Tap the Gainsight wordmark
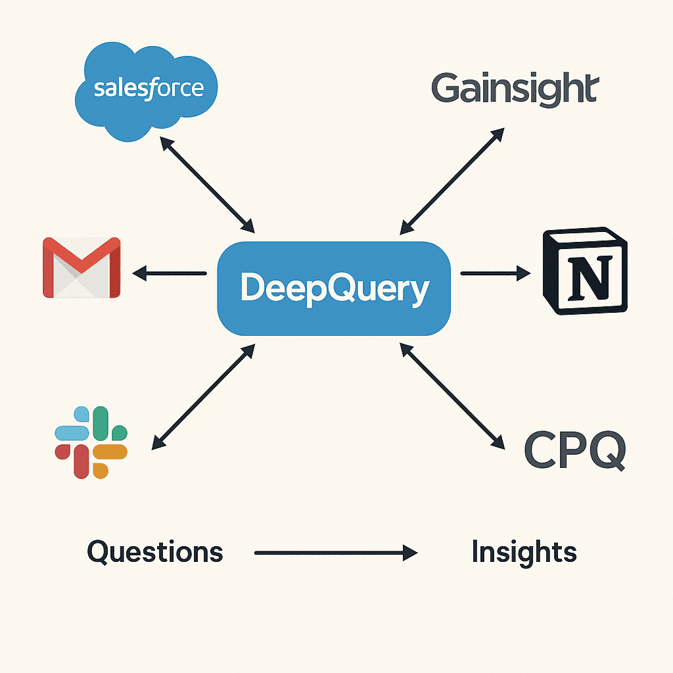[x=515, y=89]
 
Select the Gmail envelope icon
[x=81, y=268]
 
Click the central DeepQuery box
[x=334, y=289]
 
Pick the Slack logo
[x=91, y=441]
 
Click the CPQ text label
[x=574, y=450]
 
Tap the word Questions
[x=155, y=552]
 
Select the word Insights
[x=524, y=552]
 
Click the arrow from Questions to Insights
[x=335, y=553]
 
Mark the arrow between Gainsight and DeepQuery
[x=452, y=181]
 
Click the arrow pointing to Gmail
[x=170, y=273]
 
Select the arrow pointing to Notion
[x=495, y=273]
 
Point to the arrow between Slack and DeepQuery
[x=203, y=398]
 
